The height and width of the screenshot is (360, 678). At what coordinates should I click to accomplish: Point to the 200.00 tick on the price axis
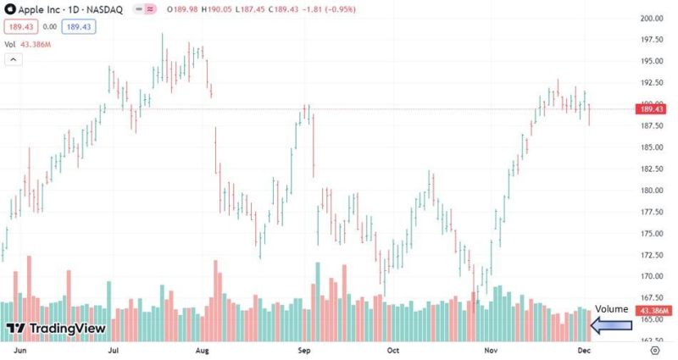(650, 19)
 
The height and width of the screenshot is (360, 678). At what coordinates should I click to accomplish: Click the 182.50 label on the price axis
(650, 169)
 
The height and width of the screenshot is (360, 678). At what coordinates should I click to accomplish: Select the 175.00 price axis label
(650, 234)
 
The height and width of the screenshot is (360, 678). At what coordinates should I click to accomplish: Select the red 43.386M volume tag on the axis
(653, 311)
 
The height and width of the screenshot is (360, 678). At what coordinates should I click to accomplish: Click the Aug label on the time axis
(202, 349)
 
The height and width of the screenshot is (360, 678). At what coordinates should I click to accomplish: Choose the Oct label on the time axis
(392, 349)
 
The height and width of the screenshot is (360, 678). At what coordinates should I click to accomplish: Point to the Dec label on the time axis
(585, 349)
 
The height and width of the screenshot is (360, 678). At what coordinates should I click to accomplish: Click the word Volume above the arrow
(612, 309)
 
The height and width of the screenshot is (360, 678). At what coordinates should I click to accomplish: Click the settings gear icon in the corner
(654, 349)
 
